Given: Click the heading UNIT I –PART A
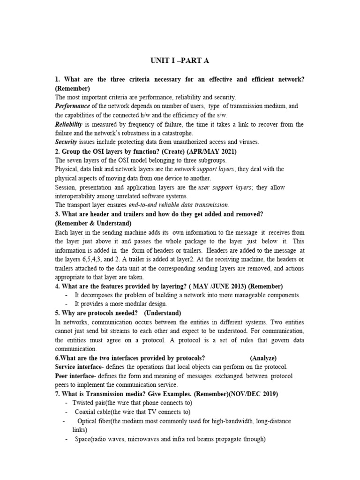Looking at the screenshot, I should tap(180, 61).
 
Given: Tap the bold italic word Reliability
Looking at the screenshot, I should tap(68, 124).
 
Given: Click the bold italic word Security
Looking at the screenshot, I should tap(66, 142).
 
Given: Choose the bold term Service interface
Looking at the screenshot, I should tap(78, 367).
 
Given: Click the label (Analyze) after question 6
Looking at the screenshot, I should tap(263, 358).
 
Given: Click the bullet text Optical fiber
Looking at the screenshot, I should tap(94, 421).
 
